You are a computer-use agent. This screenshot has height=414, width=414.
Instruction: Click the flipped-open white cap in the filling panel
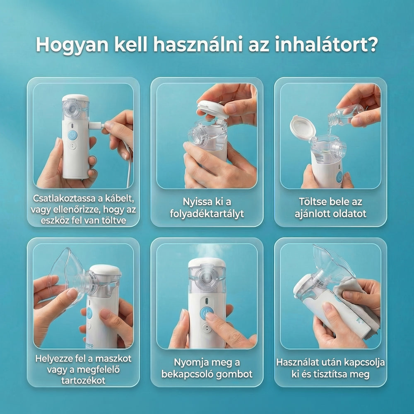302,127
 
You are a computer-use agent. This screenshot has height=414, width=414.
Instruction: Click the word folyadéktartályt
207,214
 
